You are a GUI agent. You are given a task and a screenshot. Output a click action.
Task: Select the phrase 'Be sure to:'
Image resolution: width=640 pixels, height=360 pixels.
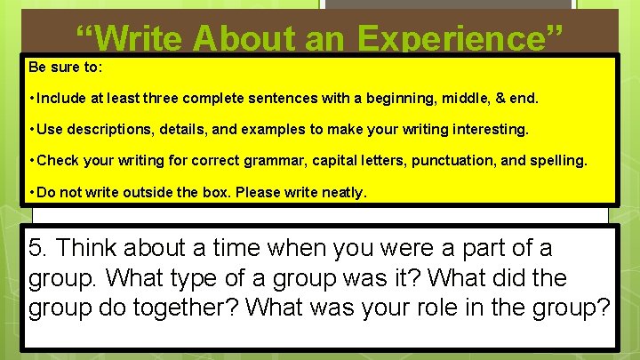point(60,68)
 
